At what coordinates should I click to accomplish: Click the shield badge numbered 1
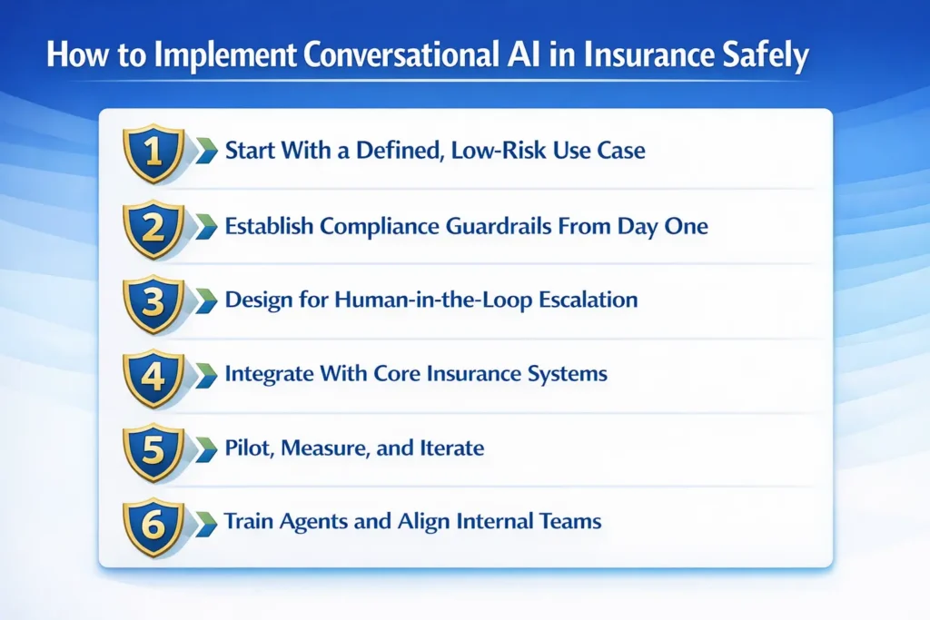point(152,151)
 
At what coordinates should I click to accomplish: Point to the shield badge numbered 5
point(152,448)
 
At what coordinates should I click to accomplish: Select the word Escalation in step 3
point(581,300)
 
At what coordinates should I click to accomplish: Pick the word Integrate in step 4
point(262,374)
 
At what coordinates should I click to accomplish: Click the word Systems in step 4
point(563,374)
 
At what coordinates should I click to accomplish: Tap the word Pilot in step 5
point(246,448)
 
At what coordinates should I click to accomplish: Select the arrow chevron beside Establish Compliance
point(205,225)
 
